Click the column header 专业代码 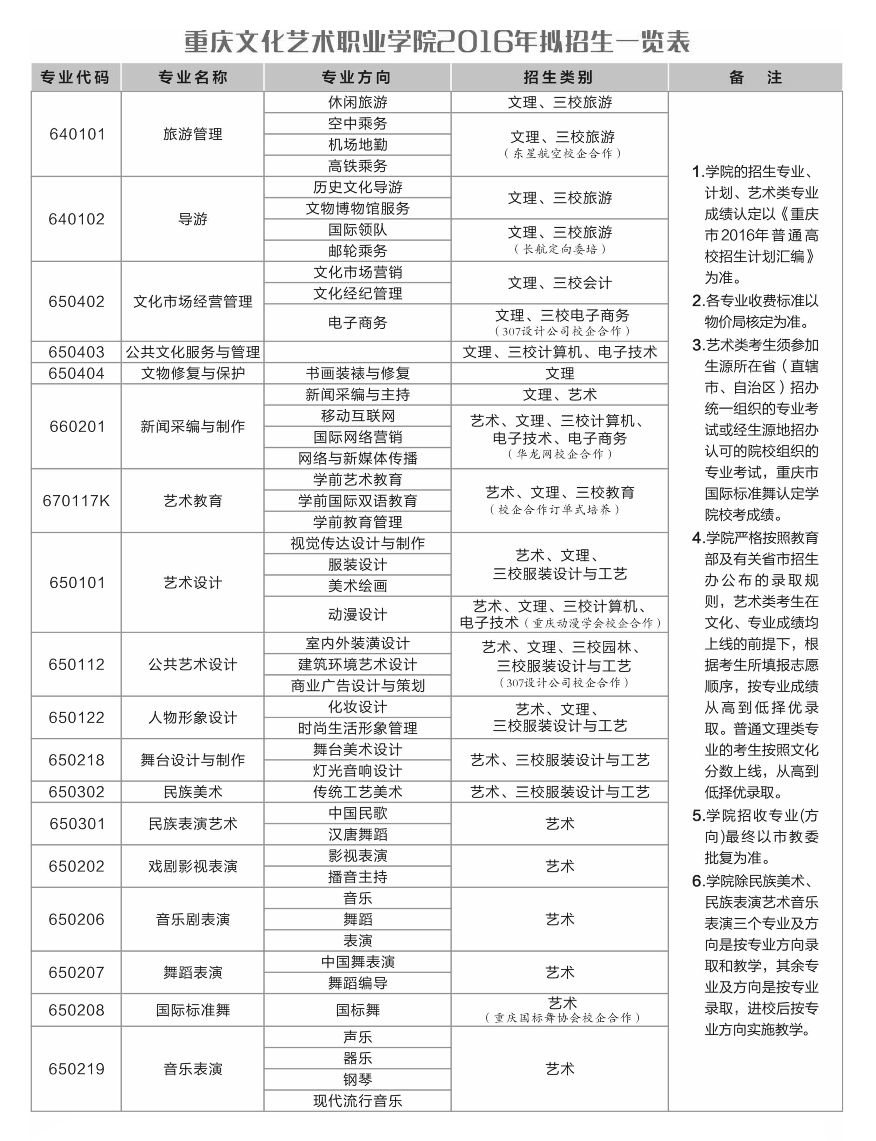pyautogui.click(x=75, y=77)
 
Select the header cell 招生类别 pyautogui.click(x=558, y=77)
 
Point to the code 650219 pyautogui.click(x=77, y=1069)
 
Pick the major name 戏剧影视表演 pyautogui.click(x=192, y=866)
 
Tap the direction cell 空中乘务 pyautogui.click(x=357, y=124)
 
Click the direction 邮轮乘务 pyautogui.click(x=357, y=251)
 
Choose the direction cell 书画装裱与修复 pyautogui.click(x=357, y=373)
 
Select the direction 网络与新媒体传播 pyautogui.click(x=357, y=458)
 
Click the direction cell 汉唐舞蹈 pyautogui.click(x=357, y=834)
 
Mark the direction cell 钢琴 pyautogui.click(x=357, y=1079)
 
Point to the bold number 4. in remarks pyautogui.click(x=698, y=538)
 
